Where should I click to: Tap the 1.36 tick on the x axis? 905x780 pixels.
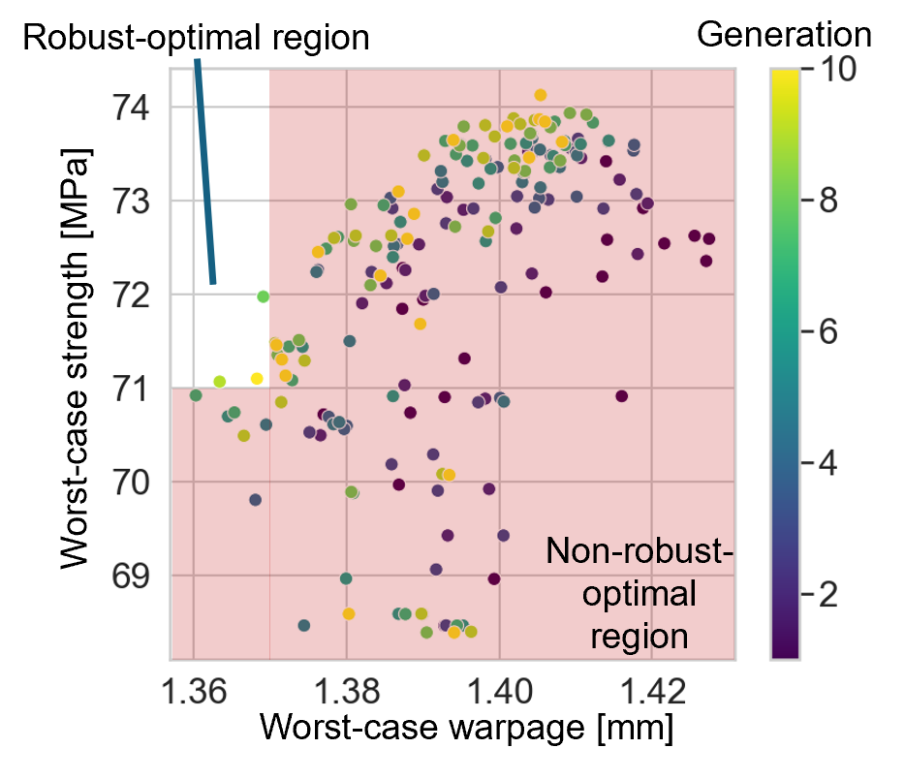pos(194,693)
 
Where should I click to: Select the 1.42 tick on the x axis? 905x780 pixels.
pos(652,693)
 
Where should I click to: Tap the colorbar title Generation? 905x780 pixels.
pos(784,35)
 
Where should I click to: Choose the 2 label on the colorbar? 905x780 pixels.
pos(827,594)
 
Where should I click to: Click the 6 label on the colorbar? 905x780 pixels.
pos(827,331)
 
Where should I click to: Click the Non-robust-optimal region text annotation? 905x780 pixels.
pos(639,594)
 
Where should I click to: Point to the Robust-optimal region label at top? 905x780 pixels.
pos(203,39)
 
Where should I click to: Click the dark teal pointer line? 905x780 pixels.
pos(205,174)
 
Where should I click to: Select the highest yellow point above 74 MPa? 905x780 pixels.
pos(541,94)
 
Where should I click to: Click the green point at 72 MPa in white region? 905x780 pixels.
pos(263,296)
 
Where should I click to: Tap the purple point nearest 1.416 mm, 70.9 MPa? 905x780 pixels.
pos(621,395)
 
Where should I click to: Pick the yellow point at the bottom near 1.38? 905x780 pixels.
pos(349,613)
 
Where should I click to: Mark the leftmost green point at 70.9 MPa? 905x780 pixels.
pos(196,394)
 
